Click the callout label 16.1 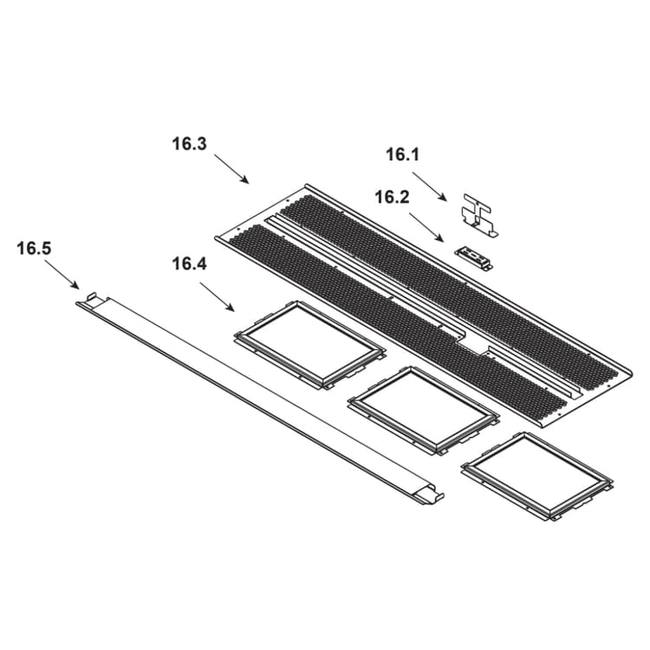pos(402,155)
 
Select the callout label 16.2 pos(392,198)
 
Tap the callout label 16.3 pos(189,144)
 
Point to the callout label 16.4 pos(189,263)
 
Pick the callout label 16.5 pos(34,249)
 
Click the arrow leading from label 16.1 pos(430,186)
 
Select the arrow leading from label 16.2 pos(426,227)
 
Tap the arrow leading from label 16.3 pos(231,169)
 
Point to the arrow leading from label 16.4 pos(218,296)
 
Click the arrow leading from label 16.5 pos(62,275)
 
